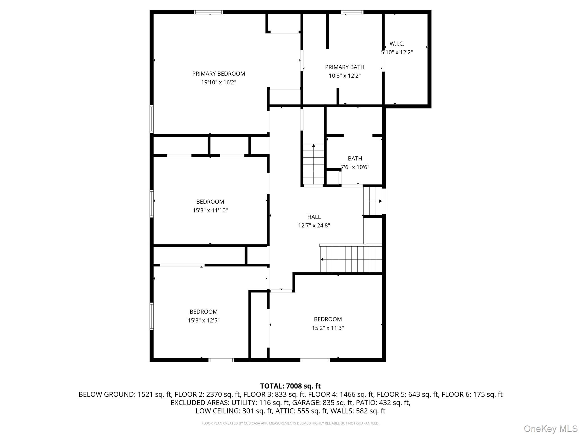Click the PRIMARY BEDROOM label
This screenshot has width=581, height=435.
218,74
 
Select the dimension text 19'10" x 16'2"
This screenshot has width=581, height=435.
218,82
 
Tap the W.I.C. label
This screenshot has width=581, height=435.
397,44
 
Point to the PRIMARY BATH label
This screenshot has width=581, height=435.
344,67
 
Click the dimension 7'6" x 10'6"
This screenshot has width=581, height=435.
355,167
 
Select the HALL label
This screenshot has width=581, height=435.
314,217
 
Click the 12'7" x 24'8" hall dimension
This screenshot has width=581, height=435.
314,226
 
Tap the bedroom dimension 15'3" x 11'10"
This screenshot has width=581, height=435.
210,210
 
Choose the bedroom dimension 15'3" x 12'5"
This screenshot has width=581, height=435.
203,321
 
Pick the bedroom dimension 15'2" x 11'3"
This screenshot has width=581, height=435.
328,328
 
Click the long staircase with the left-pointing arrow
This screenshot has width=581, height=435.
351,259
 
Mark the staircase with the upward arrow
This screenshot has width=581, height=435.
313,164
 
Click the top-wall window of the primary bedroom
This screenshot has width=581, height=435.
208,12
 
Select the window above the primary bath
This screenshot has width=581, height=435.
352,12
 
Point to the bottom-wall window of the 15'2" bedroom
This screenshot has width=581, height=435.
315,360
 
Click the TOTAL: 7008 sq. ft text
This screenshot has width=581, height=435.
290,386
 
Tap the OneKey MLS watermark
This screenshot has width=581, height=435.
550,428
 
